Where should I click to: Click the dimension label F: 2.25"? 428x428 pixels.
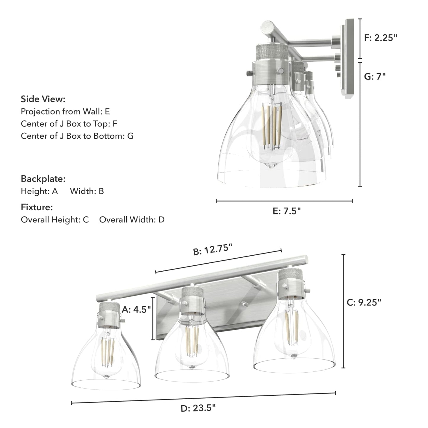click(380, 38)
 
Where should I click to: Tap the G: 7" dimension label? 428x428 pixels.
click(375, 76)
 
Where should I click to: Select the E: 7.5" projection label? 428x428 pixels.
click(286, 211)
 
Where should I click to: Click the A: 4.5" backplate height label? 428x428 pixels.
click(136, 310)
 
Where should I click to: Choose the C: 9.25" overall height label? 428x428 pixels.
click(364, 302)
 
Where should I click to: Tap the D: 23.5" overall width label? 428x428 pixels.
click(198, 408)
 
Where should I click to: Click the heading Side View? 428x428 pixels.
click(43, 99)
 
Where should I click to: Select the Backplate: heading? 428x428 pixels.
click(43, 179)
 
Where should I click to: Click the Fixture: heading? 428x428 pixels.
click(37, 207)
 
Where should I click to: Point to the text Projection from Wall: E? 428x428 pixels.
click(65, 111)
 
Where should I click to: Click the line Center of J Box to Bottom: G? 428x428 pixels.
click(77, 136)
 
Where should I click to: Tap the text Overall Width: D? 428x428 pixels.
click(132, 219)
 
